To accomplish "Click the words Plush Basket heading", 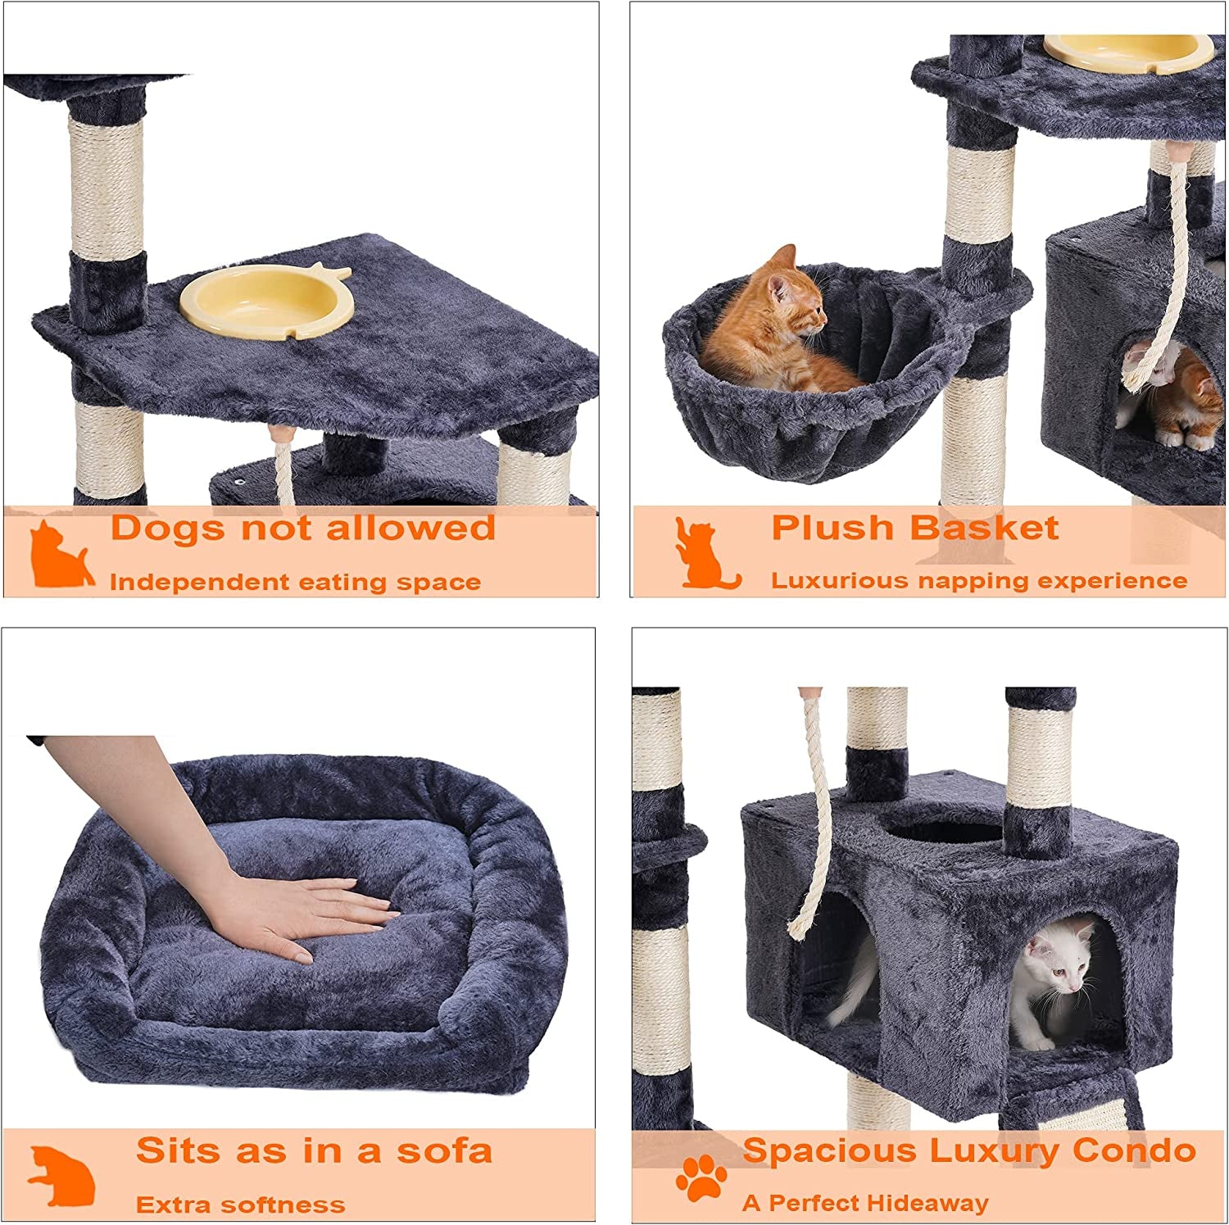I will [x=914, y=529].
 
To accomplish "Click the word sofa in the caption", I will [x=445, y=1151].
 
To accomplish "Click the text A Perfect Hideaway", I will [x=865, y=1204].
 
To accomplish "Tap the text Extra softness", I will [x=240, y=1205].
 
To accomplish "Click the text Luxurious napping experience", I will [x=979, y=581].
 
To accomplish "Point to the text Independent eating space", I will [x=295, y=583].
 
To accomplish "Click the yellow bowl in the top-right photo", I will [x=1129, y=49].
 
